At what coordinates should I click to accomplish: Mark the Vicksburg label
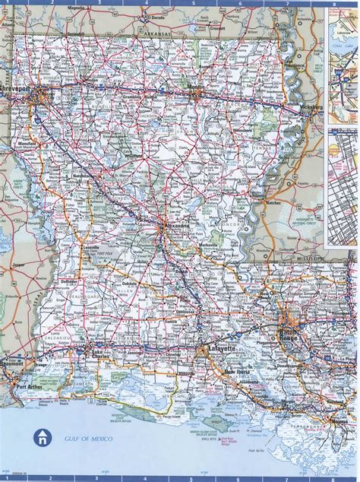[x=309, y=108]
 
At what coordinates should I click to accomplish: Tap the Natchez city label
[x=273, y=204]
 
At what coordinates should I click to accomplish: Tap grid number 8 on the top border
[x=332, y=3]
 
